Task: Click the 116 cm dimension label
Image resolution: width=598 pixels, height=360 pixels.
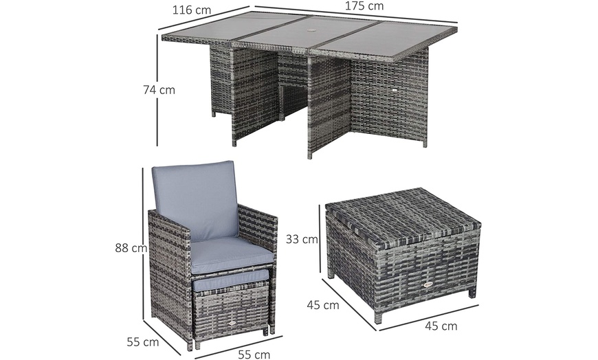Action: (191, 10)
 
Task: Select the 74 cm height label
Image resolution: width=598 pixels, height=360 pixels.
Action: (159, 89)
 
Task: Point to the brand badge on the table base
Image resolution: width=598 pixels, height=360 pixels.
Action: (395, 89)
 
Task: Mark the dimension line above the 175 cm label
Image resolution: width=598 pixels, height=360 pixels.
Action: (357, 17)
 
